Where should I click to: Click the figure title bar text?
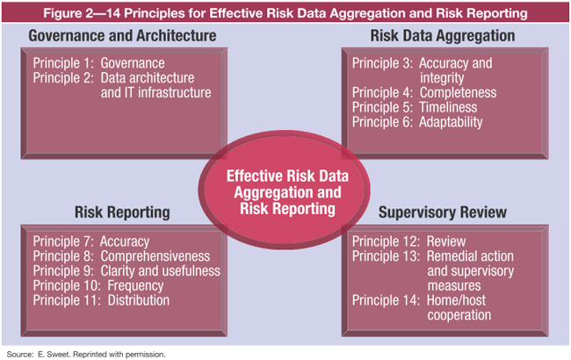(x=285, y=13)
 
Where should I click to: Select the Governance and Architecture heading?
(x=122, y=36)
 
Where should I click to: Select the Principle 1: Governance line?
(x=98, y=64)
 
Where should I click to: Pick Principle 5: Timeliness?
(x=416, y=107)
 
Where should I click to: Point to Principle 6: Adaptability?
(x=417, y=122)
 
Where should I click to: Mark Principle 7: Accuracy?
(x=91, y=241)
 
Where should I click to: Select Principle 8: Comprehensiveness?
(x=122, y=256)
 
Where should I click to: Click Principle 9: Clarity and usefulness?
(x=126, y=271)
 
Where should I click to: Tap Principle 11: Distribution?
(x=102, y=301)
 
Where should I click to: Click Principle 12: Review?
(x=408, y=241)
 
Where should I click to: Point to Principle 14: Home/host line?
(x=428, y=301)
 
